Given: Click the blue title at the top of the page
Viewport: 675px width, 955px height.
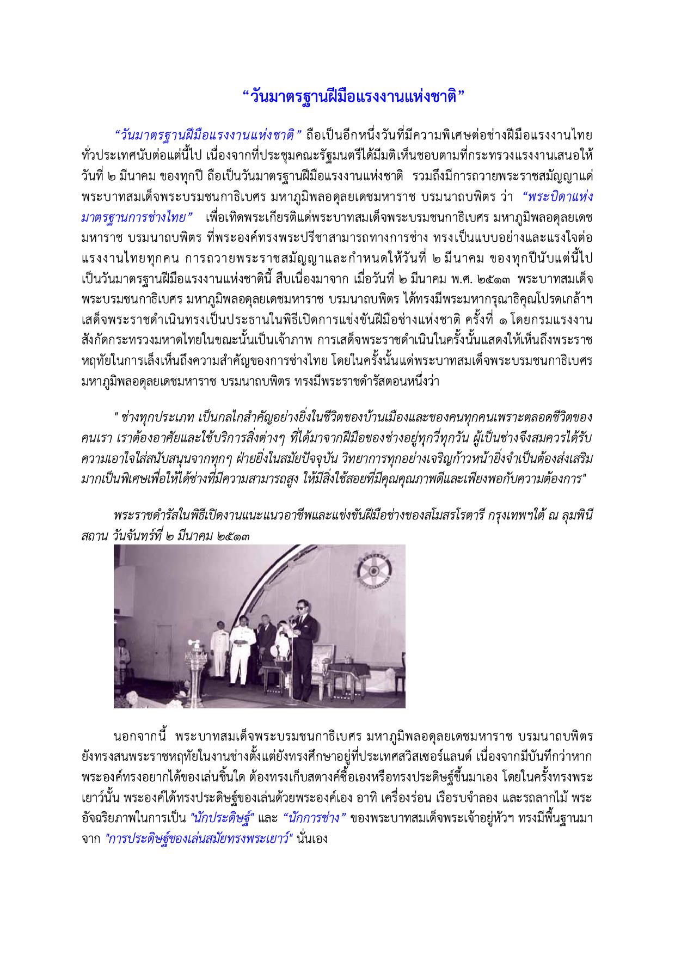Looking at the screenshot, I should [353, 97].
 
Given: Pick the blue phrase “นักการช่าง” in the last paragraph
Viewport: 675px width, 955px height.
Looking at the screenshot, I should [316, 818].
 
